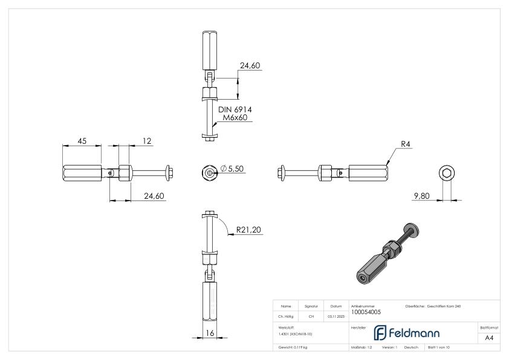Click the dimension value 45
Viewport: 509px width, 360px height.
coord(82,141)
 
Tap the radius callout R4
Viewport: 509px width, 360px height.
coord(406,144)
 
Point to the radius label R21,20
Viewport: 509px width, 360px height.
coord(250,230)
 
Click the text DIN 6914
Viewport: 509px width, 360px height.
coord(236,109)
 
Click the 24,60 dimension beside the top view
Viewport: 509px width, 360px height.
coord(251,66)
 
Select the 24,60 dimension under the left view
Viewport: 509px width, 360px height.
coord(154,196)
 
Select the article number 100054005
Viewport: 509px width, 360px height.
coord(366,312)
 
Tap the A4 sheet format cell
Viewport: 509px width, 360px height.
coord(489,338)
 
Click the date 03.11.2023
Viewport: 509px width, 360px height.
coord(336,316)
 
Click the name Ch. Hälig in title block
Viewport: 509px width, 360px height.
coord(286,316)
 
